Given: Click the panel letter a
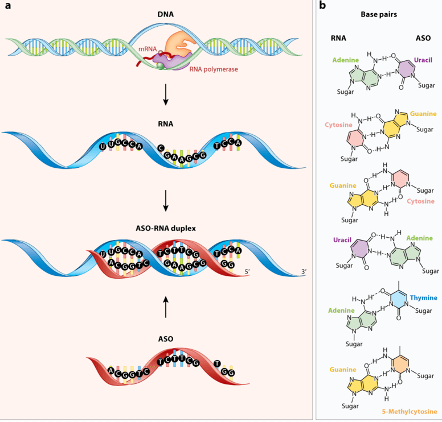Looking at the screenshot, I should tap(8, 6).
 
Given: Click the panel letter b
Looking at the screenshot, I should tap(323, 6).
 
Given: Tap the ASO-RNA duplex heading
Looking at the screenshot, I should tap(165, 230).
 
